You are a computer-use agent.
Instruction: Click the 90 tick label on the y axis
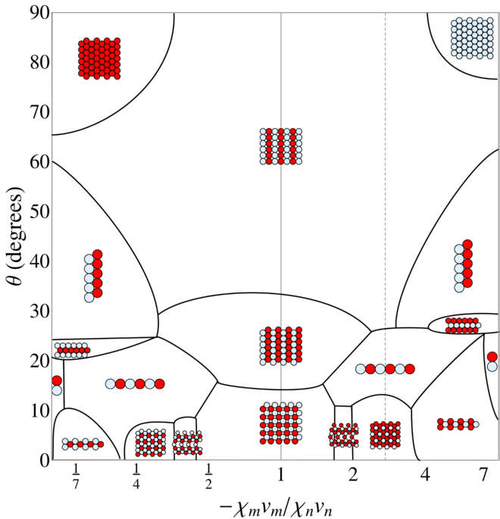(x=37, y=13)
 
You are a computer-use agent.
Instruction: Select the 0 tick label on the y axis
(x=43, y=460)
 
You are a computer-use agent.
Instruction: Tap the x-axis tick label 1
(x=280, y=477)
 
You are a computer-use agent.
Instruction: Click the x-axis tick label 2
(x=352, y=477)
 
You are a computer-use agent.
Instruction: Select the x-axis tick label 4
(x=424, y=477)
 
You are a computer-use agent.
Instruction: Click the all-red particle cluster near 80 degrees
(x=99, y=58)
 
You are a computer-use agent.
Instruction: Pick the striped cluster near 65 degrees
(x=280, y=146)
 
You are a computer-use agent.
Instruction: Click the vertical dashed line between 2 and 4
(x=385, y=227)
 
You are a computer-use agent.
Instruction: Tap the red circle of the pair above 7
(x=492, y=357)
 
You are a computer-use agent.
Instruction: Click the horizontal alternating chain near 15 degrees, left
(x=135, y=384)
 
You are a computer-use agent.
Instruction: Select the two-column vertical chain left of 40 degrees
(x=93, y=276)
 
